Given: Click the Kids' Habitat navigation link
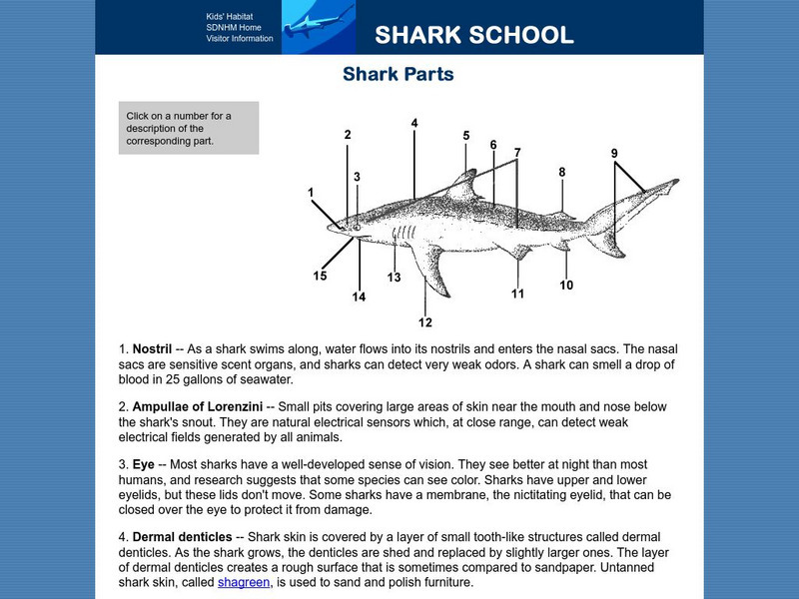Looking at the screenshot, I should [231, 17].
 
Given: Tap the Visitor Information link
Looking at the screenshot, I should [240, 39].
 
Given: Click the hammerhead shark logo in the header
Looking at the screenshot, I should [318, 26].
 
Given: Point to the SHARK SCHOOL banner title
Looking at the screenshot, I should [474, 36].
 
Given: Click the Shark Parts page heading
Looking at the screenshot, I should [399, 75].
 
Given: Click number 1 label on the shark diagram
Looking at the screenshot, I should [312, 192].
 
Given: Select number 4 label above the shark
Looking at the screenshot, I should [414, 123].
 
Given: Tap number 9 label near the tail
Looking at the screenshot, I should [615, 153].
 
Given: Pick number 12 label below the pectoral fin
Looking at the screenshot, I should [425, 321].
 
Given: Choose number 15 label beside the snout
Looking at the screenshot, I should [320, 276].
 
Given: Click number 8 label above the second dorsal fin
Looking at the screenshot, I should [562, 172].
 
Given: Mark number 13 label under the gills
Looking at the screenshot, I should [394, 277].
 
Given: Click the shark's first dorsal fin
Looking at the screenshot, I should [463, 185].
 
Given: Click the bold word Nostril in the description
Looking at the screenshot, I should [154, 349].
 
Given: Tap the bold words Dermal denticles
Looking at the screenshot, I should [181, 537].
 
